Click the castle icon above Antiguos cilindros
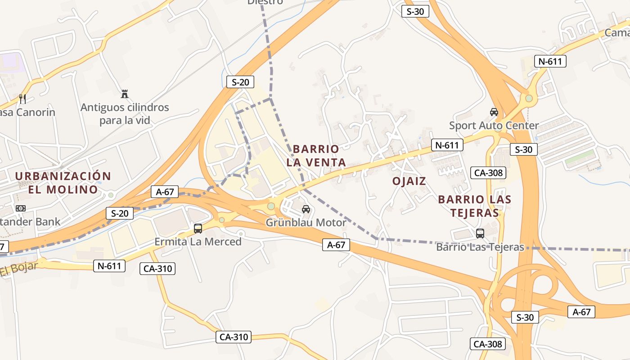click(x=125, y=94)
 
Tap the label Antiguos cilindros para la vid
click(x=125, y=114)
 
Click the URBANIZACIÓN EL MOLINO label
click(x=63, y=182)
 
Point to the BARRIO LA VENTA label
click(x=316, y=156)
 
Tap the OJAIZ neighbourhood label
click(x=409, y=181)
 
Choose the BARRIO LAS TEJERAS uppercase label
click(x=475, y=206)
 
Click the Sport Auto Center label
click(x=494, y=125)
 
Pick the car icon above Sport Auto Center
click(x=494, y=112)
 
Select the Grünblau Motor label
click(x=306, y=222)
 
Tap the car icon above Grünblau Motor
click(x=306, y=209)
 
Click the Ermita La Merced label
click(x=198, y=242)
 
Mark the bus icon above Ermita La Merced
click(x=198, y=228)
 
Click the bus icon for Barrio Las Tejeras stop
click(x=480, y=233)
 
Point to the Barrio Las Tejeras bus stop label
click(x=480, y=247)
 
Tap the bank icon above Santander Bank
click(x=21, y=208)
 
